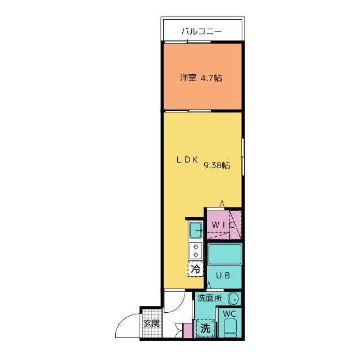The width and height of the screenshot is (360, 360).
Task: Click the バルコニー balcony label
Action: pos(201,32)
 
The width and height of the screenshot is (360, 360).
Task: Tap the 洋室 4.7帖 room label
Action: pos(201,78)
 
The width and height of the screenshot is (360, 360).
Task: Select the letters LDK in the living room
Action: pos(187,160)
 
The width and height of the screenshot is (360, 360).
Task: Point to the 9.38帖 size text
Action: pos(217,165)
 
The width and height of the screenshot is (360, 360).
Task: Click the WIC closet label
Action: pos(223,225)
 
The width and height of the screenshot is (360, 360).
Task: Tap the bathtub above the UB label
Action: pos(224,255)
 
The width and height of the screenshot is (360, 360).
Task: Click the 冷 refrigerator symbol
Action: pos(195,270)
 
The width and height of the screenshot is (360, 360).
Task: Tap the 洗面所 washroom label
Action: pos(209,298)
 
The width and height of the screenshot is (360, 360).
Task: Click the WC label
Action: pos(229,313)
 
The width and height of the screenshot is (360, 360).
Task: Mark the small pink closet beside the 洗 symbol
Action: pos(187,331)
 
